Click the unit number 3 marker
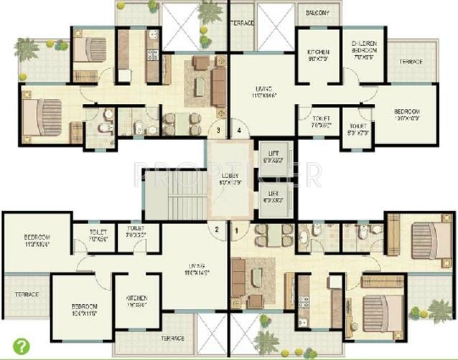(218, 131)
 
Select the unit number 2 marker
(216, 230)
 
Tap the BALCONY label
(317, 13)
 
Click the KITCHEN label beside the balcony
(318, 56)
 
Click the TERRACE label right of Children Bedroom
(411, 62)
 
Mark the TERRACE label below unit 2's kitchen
(172, 338)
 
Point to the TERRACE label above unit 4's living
(242, 23)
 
